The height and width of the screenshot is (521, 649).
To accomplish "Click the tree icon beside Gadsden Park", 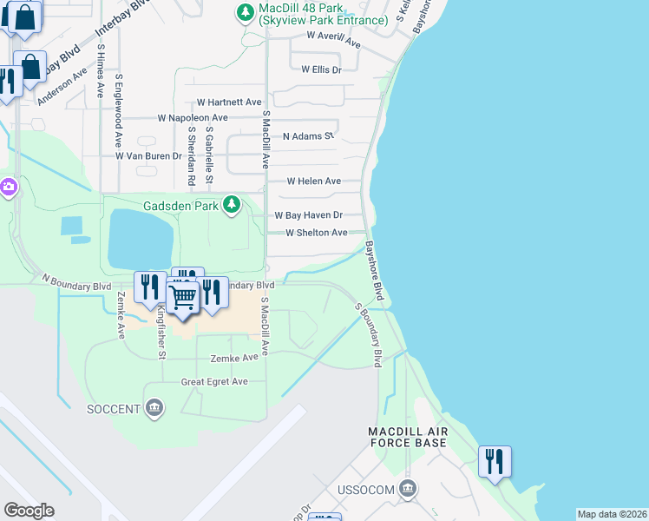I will (x=231, y=205).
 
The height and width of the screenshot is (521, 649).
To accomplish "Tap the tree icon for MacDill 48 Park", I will (x=246, y=12).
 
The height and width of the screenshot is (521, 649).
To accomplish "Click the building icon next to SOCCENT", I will (x=154, y=408).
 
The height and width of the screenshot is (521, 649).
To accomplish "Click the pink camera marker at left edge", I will (x=7, y=187).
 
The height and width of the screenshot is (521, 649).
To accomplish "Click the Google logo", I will (x=29, y=511).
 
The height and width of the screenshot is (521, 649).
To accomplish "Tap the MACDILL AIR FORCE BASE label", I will (x=407, y=437).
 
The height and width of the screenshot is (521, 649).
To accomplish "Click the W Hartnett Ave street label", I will (x=229, y=102).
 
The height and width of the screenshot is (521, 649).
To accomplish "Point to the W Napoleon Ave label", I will (x=192, y=117).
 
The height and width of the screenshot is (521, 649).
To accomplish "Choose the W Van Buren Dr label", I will (x=148, y=156).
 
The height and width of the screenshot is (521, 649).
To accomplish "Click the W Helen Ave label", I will (x=314, y=181).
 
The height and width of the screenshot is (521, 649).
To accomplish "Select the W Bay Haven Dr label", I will (x=309, y=214).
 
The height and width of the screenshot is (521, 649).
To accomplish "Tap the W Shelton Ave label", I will (x=317, y=233).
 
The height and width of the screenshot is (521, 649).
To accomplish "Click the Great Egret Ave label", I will (x=214, y=381).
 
